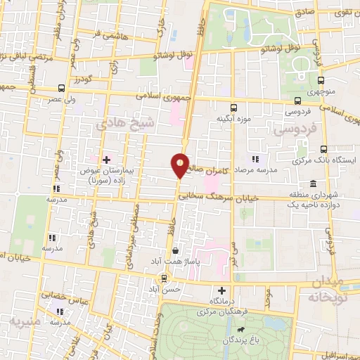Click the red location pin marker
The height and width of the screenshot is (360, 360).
pos(180,165)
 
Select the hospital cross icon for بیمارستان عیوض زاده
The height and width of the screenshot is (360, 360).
pos(106,160)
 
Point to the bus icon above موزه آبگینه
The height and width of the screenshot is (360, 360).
pos(234,108)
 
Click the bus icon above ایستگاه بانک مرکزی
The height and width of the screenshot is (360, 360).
pos(324,149)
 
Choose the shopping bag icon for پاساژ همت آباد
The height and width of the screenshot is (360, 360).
pos(175,250)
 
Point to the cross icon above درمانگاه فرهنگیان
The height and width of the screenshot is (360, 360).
pos(222,290)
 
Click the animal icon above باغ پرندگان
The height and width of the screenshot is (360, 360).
pos(241,329)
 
